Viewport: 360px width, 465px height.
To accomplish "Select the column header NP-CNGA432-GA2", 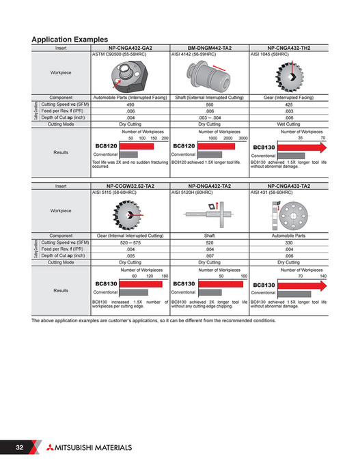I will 130,48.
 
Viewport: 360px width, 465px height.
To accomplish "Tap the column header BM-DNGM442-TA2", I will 210,48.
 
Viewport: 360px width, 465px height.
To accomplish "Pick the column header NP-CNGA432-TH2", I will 290,48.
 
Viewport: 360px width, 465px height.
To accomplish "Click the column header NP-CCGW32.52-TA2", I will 130,186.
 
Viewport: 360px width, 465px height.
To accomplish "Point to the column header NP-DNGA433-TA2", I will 290,186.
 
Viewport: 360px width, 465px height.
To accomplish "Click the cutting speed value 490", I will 130,104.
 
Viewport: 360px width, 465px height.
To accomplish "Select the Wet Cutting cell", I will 290,124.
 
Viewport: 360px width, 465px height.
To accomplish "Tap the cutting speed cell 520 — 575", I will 130,242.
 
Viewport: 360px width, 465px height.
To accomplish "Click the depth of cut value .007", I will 210,255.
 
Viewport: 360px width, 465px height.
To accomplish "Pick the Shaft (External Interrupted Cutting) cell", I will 210,98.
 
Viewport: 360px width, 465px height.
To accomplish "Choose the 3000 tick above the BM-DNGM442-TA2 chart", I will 242,138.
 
